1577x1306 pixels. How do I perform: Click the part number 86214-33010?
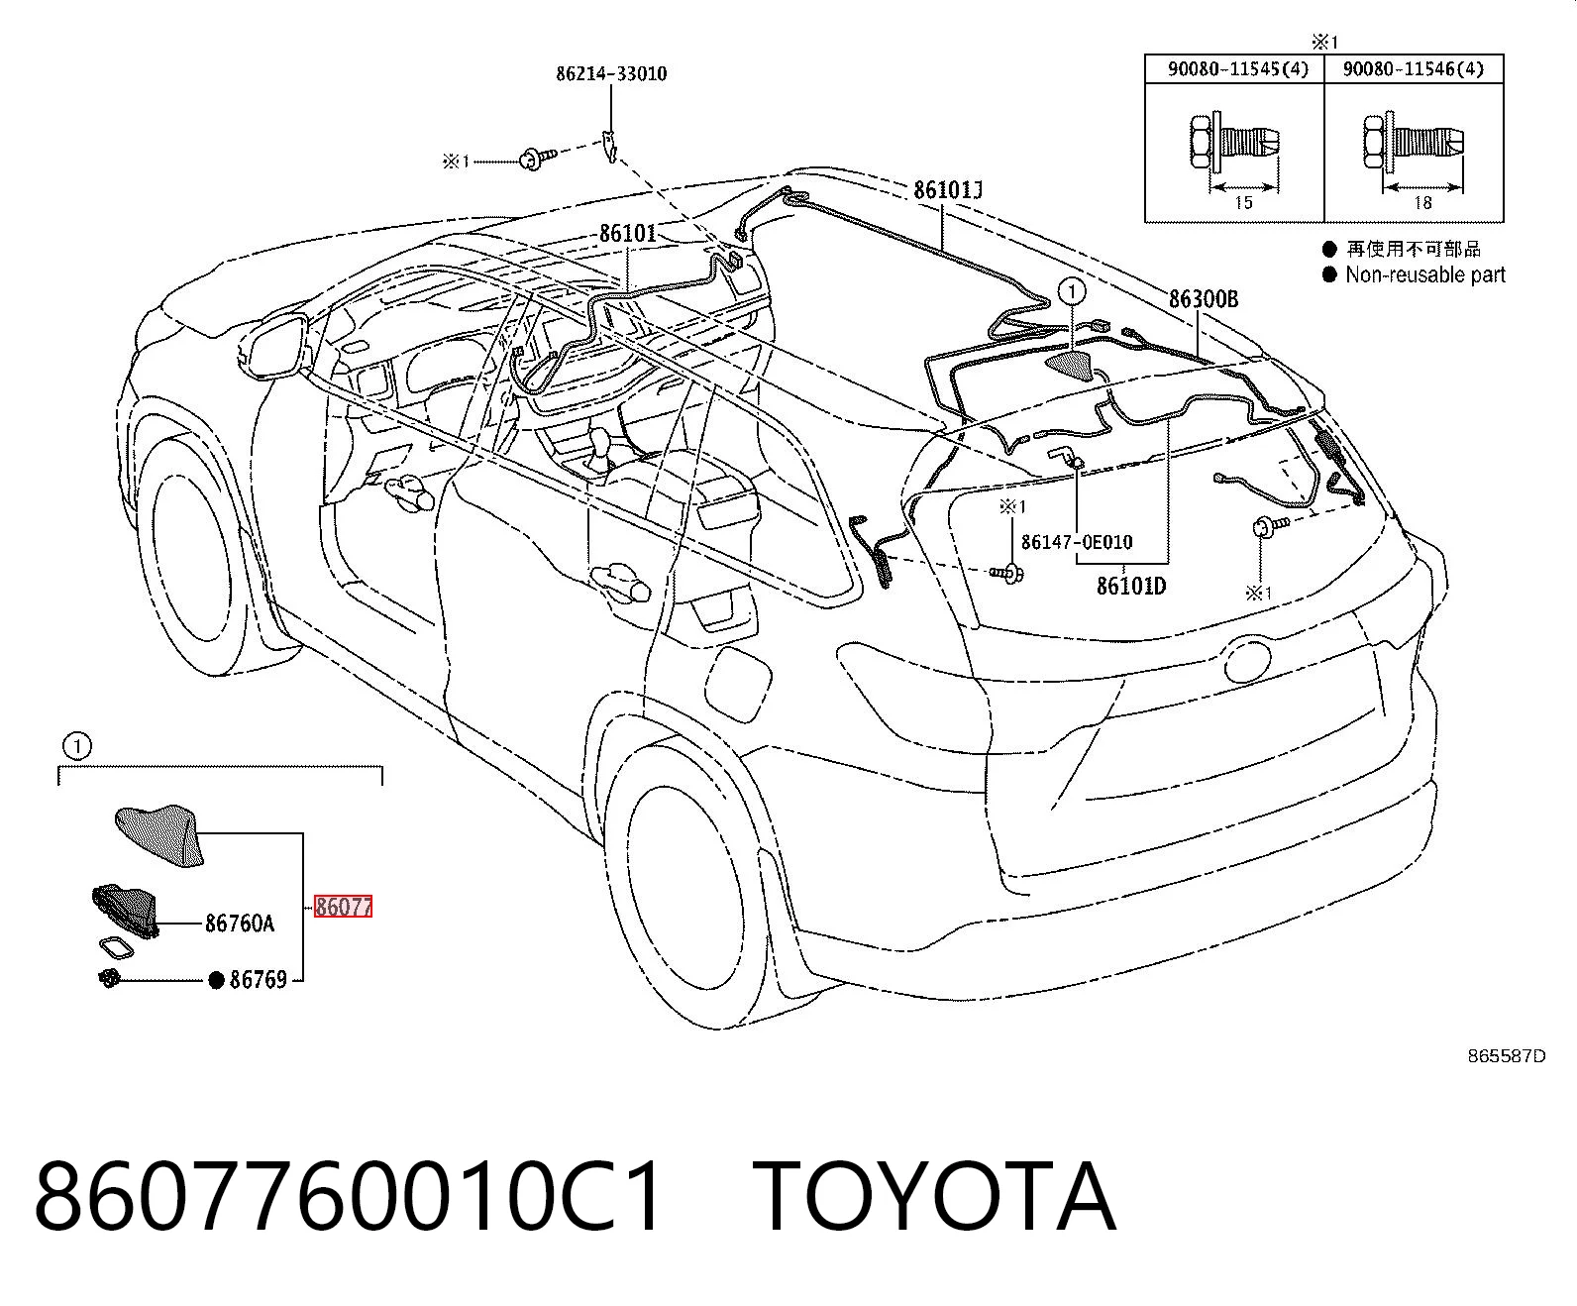click(x=611, y=74)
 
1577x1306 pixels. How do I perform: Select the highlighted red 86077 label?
click(x=344, y=907)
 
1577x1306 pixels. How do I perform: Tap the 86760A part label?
click(x=240, y=923)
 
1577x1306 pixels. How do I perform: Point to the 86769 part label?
click(x=259, y=979)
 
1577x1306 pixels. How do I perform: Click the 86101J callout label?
click(x=948, y=189)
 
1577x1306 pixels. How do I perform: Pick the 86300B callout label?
click(x=1204, y=299)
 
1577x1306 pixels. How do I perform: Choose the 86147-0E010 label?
click(x=1077, y=542)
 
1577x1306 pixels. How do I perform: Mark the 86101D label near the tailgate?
click(x=1131, y=586)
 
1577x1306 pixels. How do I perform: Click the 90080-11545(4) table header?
click(x=1238, y=68)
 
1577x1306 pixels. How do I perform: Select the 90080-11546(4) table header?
click(x=1414, y=68)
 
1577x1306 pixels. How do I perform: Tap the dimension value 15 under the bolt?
click(x=1243, y=202)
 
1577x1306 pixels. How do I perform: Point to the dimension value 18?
click(x=1422, y=202)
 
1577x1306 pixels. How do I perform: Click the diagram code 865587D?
click(x=1507, y=1056)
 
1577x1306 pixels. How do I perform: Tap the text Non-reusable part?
click(x=1425, y=274)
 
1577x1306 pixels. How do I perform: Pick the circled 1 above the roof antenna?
click(x=1072, y=291)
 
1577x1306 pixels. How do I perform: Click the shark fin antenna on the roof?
click(x=1070, y=366)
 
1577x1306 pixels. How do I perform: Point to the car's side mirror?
click(x=275, y=348)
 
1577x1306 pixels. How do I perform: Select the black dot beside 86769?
click(x=216, y=980)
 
